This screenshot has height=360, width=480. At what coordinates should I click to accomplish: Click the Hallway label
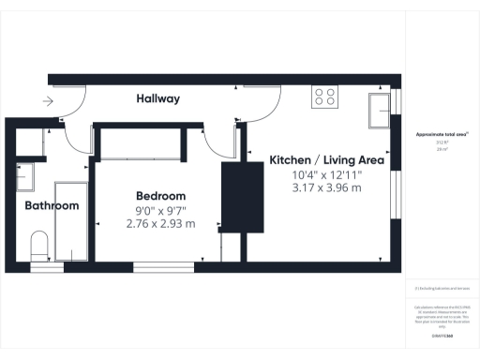(x=157, y=98)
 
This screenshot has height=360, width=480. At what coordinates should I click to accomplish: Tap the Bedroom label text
(x=160, y=196)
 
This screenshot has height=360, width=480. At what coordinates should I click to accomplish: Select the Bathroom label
(x=52, y=205)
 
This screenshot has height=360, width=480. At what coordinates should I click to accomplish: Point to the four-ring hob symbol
(x=325, y=96)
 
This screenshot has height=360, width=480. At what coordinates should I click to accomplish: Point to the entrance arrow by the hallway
(x=47, y=102)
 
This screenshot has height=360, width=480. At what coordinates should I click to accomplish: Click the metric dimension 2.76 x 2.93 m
(x=160, y=224)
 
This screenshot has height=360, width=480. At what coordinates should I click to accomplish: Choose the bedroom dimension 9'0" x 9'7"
(x=160, y=210)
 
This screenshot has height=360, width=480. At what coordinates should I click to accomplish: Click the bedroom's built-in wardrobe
(x=141, y=143)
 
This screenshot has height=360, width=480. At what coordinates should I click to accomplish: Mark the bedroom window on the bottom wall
(x=168, y=265)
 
